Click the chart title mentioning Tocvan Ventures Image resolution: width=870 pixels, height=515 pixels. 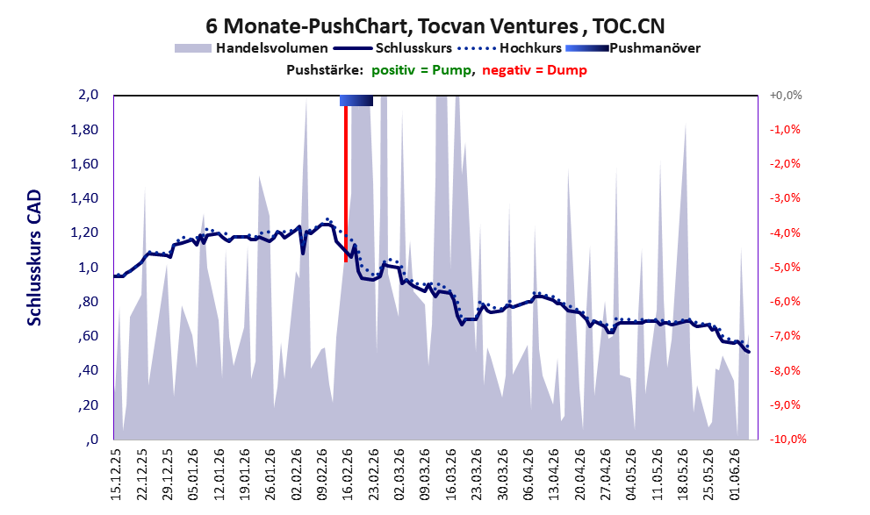(x=435, y=25)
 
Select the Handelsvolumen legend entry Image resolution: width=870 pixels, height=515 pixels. (x=251, y=48)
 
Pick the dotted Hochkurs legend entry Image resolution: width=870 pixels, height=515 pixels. (x=509, y=48)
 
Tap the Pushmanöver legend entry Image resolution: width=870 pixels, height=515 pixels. (x=633, y=48)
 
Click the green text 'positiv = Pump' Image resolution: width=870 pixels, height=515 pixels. (x=421, y=70)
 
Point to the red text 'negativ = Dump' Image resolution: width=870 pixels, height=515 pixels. (x=535, y=70)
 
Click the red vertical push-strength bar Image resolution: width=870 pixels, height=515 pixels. (x=346, y=183)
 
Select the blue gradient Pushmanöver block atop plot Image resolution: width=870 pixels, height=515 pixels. (x=356, y=100)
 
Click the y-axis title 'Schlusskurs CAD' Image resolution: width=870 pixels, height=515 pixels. (x=34, y=257)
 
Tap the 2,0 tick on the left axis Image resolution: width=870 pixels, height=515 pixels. (x=89, y=95)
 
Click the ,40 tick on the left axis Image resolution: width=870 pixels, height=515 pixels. (x=88, y=370)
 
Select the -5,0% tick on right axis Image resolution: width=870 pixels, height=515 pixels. (x=785, y=268)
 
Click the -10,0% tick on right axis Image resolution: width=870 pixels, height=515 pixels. (x=787, y=439)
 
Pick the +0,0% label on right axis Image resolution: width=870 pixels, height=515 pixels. (x=786, y=96)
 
